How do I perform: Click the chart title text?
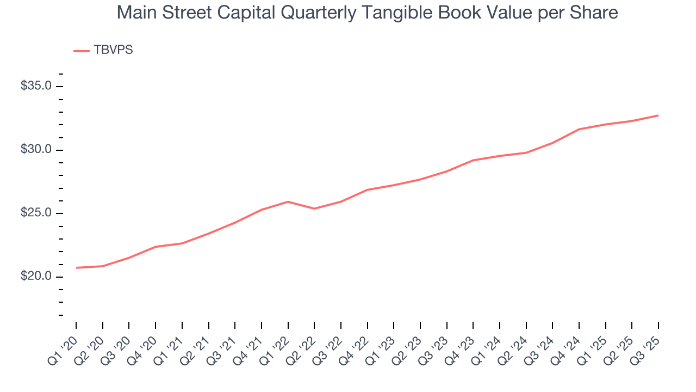point(367,13)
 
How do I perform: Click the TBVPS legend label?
point(113,50)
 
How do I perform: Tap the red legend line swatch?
point(82,51)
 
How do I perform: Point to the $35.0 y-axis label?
point(36,86)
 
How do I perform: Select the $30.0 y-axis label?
point(36,150)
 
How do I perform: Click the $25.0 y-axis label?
point(36,213)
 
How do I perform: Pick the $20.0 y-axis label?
point(36,277)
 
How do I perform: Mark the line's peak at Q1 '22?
point(288,201)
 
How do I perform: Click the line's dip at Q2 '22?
point(314,209)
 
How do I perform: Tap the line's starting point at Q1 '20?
point(77,268)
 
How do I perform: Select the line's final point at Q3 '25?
point(658,115)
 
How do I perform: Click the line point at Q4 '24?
point(579,129)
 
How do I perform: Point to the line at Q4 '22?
point(368,190)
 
